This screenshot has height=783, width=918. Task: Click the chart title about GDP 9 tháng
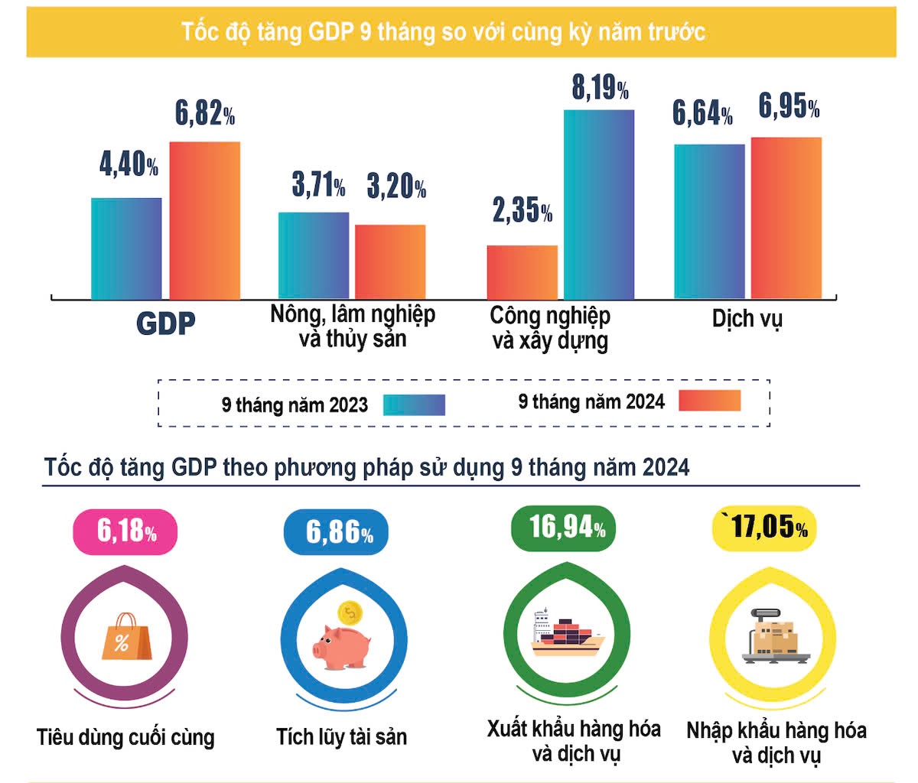(x=444, y=32)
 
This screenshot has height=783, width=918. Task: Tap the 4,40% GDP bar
(x=126, y=249)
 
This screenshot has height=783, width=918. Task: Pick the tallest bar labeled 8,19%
(x=599, y=204)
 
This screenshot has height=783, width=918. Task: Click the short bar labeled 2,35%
(x=522, y=272)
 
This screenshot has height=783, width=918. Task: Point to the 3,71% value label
(x=318, y=185)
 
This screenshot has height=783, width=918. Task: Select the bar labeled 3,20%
(x=390, y=262)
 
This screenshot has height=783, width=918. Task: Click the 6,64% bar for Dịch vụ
(x=709, y=221)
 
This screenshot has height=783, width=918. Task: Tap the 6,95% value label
(x=789, y=106)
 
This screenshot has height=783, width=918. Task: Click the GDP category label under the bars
(x=165, y=323)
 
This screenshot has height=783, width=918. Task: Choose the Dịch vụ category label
(x=747, y=319)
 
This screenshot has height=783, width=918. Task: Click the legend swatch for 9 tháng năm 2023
(x=414, y=404)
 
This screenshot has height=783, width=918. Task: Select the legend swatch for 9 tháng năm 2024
(x=710, y=401)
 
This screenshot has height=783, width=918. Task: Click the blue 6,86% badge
(x=337, y=531)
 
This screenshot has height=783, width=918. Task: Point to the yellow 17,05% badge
(x=765, y=528)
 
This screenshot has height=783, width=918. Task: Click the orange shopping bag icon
(x=123, y=636)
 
